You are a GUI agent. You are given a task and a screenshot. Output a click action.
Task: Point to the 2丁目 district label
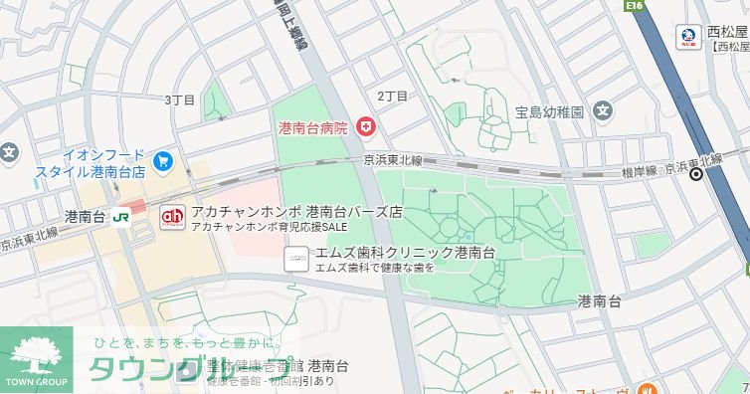click(392, 97)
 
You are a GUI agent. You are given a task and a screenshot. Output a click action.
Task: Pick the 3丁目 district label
click(180, 99)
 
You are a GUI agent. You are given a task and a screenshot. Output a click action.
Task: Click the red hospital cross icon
click(365, 127)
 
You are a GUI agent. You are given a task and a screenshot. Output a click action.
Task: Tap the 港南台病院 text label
click(313, 128)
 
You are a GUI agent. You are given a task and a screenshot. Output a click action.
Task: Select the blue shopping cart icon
click(163, 160)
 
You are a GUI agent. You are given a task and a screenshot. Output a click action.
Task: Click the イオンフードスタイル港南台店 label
click(91, 164)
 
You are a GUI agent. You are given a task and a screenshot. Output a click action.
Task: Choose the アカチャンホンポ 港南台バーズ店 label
click(296, 212)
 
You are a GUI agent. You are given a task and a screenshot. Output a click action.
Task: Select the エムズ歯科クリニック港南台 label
click(405, 253)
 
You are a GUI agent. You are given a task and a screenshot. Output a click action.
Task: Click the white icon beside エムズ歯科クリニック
click(295, 259)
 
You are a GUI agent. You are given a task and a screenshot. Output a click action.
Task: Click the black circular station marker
click(696, 175)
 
